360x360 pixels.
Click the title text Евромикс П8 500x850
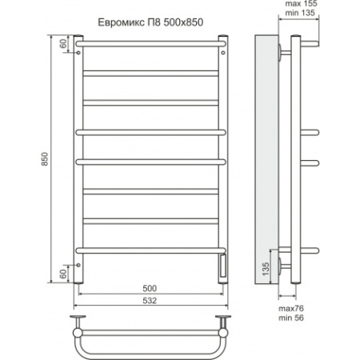pos(150,22)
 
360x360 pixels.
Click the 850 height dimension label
pos(45,159)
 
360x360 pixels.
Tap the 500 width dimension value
pos(150,288)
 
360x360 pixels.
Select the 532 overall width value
pos(150,301)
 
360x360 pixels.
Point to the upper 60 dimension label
pos(63,43)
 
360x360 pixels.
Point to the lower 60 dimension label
pos(63,274)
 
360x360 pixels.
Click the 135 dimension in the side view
pos(266,269)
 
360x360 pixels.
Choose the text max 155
pos(301,4)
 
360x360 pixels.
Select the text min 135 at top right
pos(300,13)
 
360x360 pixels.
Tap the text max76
pos(291,309)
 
